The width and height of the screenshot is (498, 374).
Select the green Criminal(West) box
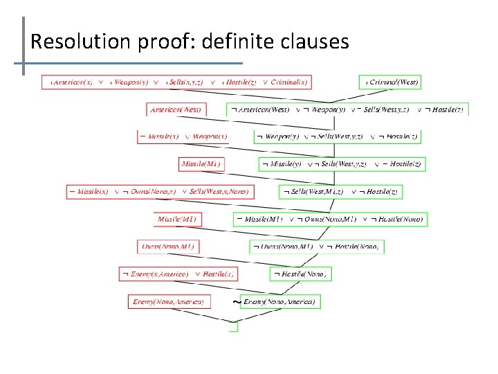[x=389, y=82]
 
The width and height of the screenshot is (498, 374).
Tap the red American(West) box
[x=176, y=109]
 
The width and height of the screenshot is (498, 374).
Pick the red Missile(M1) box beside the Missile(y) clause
[x=201, y=164]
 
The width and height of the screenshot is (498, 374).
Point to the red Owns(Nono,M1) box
[x=169, y=247]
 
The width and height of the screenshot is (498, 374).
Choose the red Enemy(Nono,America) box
[x=169, y=301]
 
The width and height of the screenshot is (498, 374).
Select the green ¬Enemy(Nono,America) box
[x=277, y=302]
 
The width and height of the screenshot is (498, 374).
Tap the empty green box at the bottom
[x=234, y=327]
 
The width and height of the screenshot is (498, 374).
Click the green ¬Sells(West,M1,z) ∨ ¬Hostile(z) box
[x=340, y=191]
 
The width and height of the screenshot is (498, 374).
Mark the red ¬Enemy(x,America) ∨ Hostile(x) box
[x=179, y=274]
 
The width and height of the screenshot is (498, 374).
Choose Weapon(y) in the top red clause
[x=131, y=82]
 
